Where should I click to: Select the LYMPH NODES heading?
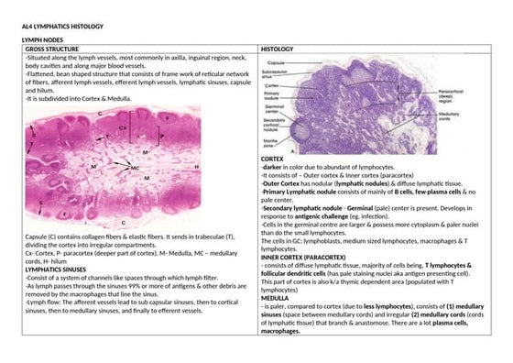click(42, 41)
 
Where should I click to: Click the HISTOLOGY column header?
click(278, 49)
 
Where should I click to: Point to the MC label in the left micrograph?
click(135, 170)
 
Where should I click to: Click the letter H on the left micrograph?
click(197, 167)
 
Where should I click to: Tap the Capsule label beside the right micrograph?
click(276, 60)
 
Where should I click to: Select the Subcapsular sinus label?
click(276, 72)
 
